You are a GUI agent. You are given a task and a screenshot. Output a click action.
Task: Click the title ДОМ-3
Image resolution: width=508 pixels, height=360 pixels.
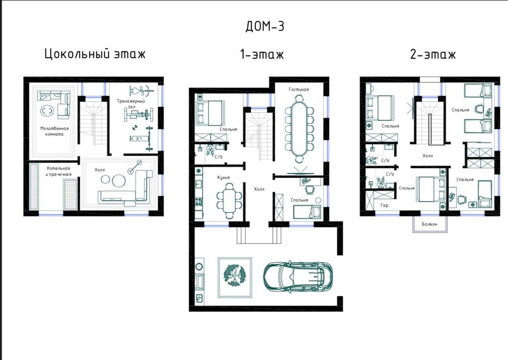(x=265, y=26)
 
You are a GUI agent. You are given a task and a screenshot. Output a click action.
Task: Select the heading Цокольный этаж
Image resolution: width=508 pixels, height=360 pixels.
(x=95, y=53)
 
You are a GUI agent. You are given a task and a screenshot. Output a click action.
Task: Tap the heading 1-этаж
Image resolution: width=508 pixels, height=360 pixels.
(x=262, y=54)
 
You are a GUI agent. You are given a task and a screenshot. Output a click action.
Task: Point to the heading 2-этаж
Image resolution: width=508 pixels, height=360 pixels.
(x=433, y=54)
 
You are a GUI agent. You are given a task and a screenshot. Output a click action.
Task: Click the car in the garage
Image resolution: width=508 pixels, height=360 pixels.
(x=297, y=276)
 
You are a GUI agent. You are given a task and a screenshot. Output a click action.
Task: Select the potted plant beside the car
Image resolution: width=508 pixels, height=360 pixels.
(x=235, y=277)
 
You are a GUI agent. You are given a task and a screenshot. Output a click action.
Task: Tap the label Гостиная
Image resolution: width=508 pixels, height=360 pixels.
(x=299, y=89)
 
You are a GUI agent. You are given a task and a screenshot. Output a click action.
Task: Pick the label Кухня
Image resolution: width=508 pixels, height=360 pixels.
(x=223, y=177)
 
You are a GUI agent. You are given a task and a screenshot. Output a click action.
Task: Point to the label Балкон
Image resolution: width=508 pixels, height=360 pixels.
(x=430, y=224)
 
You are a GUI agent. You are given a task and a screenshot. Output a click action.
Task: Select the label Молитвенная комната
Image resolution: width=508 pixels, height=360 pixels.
(x=55, y=131)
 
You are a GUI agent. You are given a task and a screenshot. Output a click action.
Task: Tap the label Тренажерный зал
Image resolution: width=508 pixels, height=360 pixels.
(x=131, y=103)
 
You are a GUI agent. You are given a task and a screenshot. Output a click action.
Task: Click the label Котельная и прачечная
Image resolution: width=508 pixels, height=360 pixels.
(x=58, y=171)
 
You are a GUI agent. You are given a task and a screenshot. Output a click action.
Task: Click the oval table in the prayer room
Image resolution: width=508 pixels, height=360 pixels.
(x=47, y=111)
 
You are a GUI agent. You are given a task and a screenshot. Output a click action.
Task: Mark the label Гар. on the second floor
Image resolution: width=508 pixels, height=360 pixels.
(x=385, y=205)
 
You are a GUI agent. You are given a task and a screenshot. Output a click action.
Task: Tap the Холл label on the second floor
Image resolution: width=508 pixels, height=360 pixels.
(x=428, y=156)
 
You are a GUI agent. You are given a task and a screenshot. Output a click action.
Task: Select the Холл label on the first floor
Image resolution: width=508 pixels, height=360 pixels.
(x=259, y=189)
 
